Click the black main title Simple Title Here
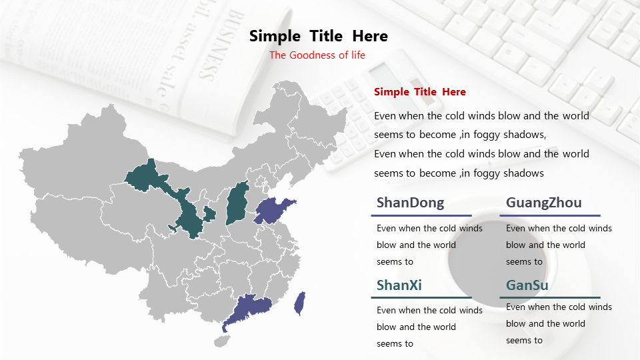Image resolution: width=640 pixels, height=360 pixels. coord(319,36)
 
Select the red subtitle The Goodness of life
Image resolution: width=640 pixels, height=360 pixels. coord(317,55)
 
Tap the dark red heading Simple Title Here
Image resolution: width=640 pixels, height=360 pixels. coord(419,92)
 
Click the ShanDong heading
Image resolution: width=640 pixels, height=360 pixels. coord(410,203)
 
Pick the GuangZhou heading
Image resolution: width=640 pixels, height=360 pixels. coord(544,203)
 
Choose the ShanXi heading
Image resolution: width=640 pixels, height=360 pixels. coord(399,285)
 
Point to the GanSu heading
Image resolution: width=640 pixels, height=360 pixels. coord(527,285)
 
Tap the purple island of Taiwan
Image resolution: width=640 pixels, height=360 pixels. coord(300,303)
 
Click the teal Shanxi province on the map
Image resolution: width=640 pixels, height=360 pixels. coord(237,203)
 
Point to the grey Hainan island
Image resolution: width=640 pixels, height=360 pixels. coord(221,341)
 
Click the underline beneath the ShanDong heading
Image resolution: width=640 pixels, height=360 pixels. coord(421,215)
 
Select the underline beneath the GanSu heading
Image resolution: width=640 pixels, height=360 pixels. coord(550,297)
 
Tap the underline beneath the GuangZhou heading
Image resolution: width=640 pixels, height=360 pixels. coord(550,215)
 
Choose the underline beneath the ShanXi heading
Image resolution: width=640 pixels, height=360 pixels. coord(421,297)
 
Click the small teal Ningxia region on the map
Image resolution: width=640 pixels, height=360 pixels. coord(209,214)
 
